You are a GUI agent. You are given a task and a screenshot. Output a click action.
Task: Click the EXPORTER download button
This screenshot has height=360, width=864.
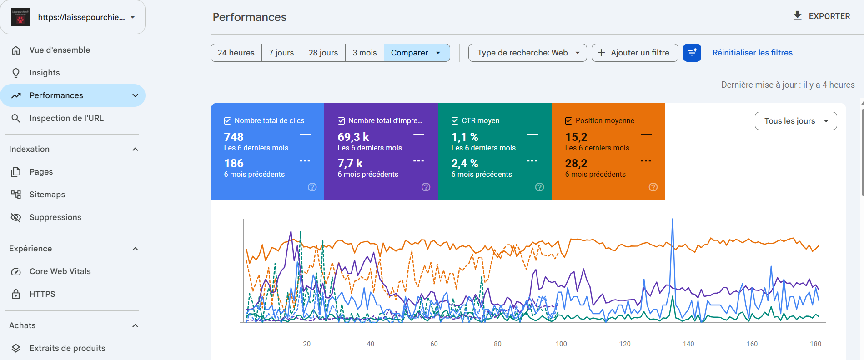point(821,16)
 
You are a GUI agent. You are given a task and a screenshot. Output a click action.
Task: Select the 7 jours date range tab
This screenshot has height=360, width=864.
point(281,53)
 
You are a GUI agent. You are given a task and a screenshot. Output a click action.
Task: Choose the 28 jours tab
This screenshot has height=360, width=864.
point(323,53)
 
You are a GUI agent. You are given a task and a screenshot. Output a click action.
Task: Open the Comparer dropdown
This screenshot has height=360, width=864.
point(417,53)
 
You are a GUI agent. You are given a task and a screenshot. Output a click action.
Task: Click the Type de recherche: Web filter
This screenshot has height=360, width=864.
point(527,53)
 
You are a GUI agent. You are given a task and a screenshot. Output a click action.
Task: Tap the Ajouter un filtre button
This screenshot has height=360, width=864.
point(635,53)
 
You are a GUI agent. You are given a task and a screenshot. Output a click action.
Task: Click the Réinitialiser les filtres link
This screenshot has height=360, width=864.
point(752,53)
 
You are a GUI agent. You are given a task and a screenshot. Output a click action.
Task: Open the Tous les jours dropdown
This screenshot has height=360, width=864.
point(796,121)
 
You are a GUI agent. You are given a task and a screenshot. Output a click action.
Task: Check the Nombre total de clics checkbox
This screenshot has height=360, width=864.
point(227,121)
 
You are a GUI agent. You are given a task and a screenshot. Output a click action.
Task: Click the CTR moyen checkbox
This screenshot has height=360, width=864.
point(455,121)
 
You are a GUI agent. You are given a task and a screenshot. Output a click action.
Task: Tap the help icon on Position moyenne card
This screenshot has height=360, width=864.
point(653,187)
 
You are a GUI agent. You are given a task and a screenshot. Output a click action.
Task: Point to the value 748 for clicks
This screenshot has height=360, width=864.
point(234,137)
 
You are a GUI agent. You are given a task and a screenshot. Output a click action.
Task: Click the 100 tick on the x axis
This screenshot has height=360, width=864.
point(561,344)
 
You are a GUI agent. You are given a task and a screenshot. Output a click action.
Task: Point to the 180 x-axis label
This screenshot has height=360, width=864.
point(815,344)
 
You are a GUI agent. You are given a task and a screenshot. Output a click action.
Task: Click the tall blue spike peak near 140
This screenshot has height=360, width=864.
point(673,220)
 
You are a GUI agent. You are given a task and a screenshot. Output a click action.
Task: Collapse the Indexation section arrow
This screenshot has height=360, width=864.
point(135,149)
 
